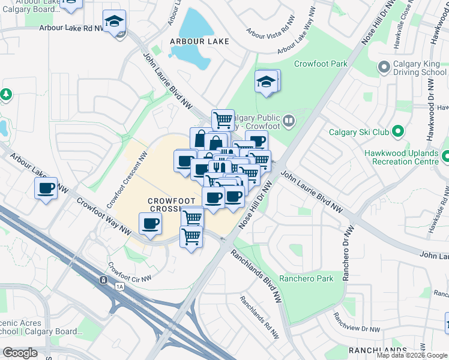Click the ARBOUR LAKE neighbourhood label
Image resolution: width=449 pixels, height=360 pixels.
coord(199,41)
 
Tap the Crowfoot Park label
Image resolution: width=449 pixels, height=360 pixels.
coord(321,64)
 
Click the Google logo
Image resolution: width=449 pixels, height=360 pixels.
coord(20,353)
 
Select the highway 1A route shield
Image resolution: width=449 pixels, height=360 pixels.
coord(103,280)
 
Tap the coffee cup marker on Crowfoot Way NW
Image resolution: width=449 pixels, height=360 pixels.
coord(149,224)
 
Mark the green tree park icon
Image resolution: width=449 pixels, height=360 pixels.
coord(6,94)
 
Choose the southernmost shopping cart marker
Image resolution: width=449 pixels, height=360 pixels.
coord(191,237)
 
